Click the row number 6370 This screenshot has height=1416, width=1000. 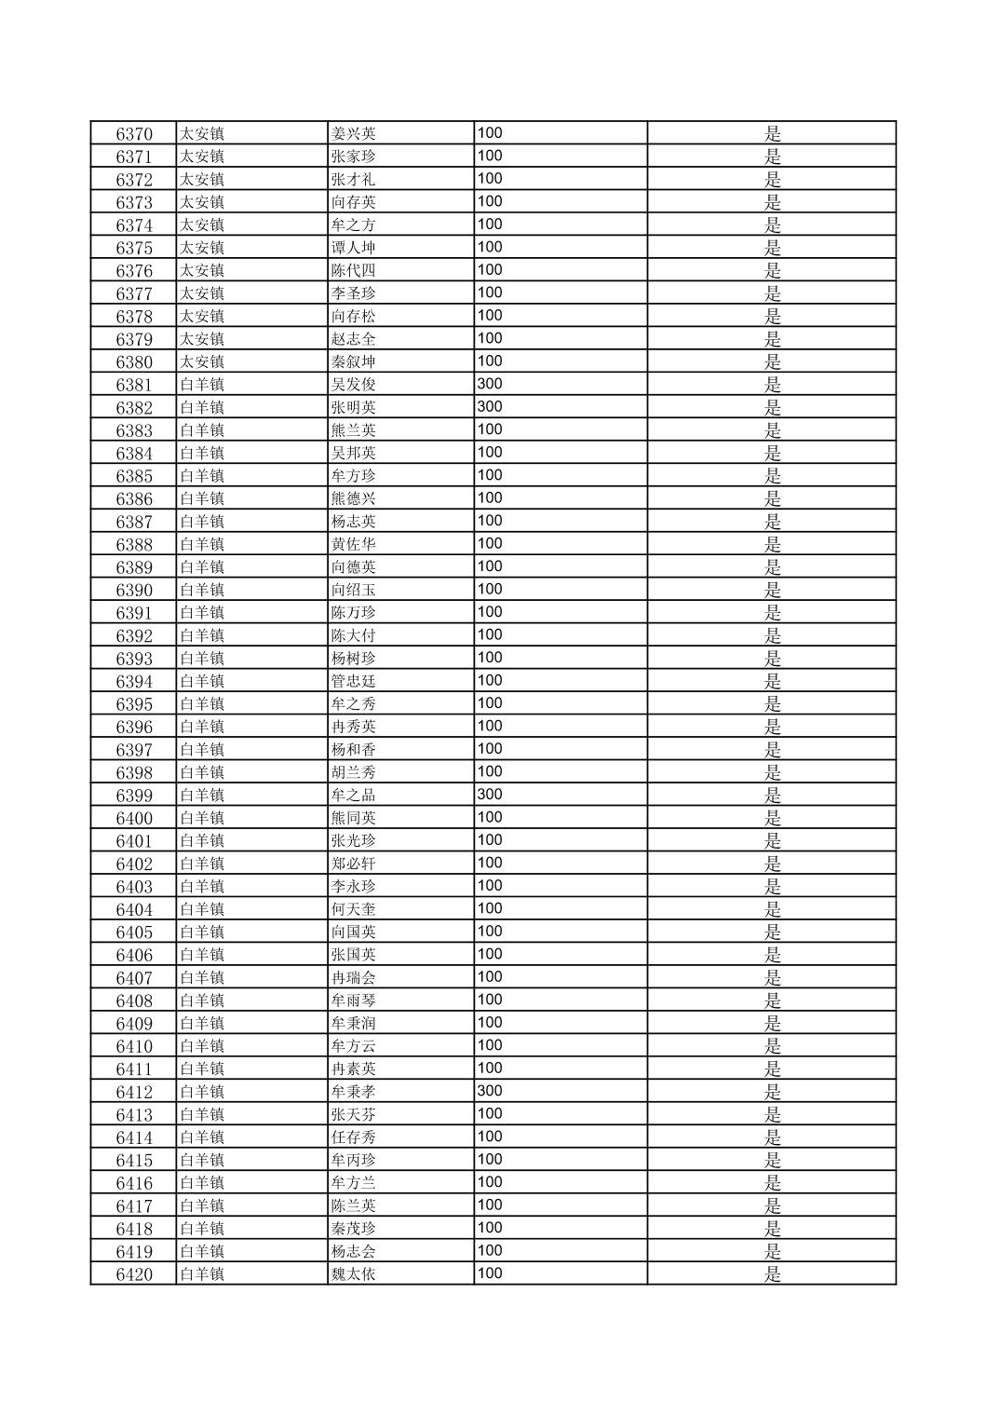point(134,133)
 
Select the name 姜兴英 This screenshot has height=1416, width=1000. point(354,133)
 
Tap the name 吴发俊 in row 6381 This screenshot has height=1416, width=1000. point(354,384)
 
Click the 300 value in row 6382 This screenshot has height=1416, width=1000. point(490,406)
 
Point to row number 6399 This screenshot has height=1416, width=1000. point(134,795)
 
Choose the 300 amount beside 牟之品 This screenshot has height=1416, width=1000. point(490,794)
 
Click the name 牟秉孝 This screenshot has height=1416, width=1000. point(354,1091)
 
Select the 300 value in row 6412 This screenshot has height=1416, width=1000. point(490,1090)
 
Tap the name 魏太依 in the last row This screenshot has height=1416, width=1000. point(354,1273)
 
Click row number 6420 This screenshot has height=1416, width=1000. point(134,1273)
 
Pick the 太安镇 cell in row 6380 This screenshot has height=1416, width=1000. point(202,361)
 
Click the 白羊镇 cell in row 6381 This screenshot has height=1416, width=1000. point(202,384)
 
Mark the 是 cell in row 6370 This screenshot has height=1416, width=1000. point(772,133)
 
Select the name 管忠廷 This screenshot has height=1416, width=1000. point(354,681)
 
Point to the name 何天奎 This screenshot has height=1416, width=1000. point(354,909)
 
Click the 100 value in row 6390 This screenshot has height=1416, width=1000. point(490,589)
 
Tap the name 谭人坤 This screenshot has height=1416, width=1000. point(354,247)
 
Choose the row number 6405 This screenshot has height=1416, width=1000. point(134,932)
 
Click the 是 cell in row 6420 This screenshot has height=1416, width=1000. point(772,1273)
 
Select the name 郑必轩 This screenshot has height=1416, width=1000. point(354,864)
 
